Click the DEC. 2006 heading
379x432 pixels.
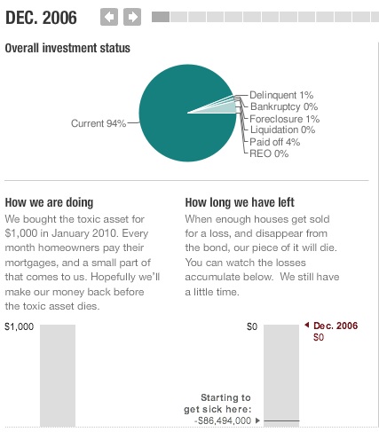pyautogui.click(x=41, y=17)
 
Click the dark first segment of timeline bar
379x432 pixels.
pyautogui.click(x=161, y=17)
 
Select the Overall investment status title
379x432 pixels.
pyautogui.click(x=67, y=48)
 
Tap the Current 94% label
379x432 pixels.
pyautogui.click(x=99, y=123)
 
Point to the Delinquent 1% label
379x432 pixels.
pyautogui.click(x=281, y=95)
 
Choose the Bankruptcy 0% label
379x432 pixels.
pyautogui.click(x=284, y=106)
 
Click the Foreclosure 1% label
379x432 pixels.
pyautogui.click(x=284, y=119)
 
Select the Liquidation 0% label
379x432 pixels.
pyautogui.click(x=282, y=130)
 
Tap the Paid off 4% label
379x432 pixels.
pyautogui.click(x=275, y=142)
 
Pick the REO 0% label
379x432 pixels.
pyautogui.click(x=269, y=153)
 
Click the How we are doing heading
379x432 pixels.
pyautogui.click(x=49, y=202)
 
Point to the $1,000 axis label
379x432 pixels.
pyautogui.click(x=19, y=326)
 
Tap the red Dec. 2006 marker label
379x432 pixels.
pyautogui.click(x=336, y=326)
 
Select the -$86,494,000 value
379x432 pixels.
pyautogui.click(x=223, y=420)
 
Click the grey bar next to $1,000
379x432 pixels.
pyautogui.click(x=57, y=377)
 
